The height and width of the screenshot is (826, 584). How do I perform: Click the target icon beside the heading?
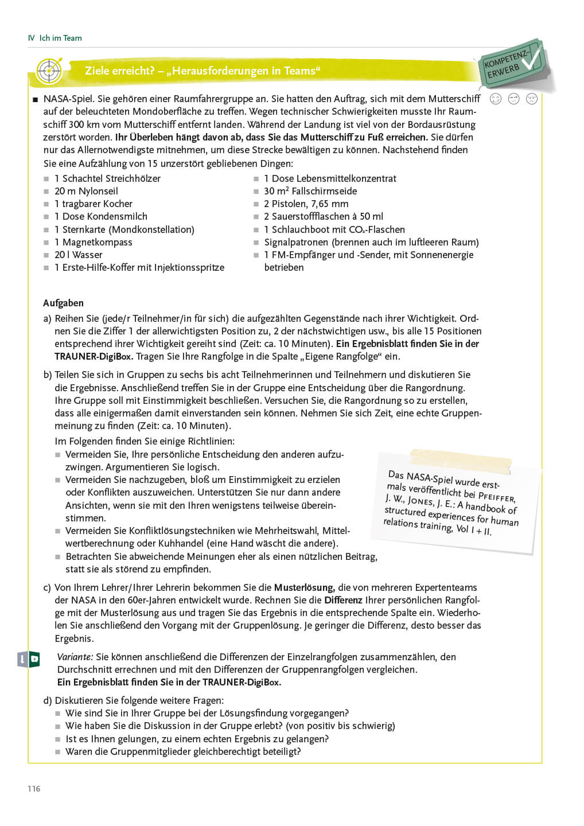click(49, 71)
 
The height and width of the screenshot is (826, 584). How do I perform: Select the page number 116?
click(34, 789)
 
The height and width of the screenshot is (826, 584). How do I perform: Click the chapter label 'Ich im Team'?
click(60, 38)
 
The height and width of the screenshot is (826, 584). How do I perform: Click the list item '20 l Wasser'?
click(79, 255)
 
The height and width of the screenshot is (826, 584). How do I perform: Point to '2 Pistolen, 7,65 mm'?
click(306, 204)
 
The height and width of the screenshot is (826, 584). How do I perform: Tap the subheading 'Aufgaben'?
click(63, 303)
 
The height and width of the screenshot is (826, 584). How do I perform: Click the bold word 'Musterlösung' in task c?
click(304, 587)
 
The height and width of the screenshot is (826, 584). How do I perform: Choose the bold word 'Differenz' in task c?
click(343, 600)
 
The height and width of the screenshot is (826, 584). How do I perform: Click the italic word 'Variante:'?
click(75, 657)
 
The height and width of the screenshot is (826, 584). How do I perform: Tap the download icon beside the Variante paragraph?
click(28, 659)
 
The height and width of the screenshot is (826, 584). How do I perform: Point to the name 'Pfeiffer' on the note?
click(497, 497)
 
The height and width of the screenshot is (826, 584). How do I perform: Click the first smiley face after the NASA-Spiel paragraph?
click(496, 99)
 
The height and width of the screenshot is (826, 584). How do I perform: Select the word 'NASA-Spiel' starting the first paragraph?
click(69, 99)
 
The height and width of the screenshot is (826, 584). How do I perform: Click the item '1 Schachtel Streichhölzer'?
click(107, 178)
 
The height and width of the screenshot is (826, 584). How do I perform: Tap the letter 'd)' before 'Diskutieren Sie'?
click(48, 700)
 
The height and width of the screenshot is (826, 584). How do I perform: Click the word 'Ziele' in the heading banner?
click(97, 71)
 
